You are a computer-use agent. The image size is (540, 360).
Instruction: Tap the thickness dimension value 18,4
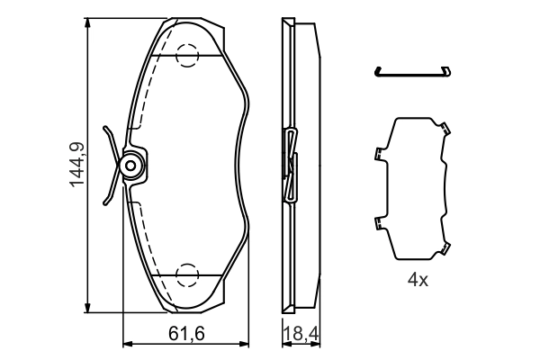coord(301,334)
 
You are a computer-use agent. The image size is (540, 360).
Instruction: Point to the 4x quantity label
coord(417,280)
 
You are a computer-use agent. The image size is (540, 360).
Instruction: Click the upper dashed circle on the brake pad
coord(187,55)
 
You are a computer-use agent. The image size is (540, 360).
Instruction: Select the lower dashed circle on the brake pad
coord(187,274)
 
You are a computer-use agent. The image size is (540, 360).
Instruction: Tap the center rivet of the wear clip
coord(131,166)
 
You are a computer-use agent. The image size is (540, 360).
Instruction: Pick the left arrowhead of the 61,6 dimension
coord(126,344)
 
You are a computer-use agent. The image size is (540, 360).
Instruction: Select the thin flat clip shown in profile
coord(414,72)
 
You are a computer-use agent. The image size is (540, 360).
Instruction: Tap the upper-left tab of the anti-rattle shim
coord(376,152)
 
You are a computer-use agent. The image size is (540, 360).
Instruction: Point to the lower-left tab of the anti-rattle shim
coord(376,223)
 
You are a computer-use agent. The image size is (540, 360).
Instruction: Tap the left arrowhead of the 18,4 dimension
coord(284,344)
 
